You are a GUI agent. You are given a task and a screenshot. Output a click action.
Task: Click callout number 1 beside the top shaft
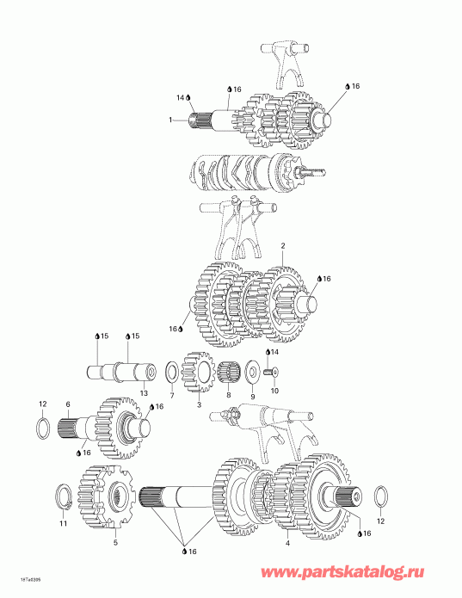pos(171,119)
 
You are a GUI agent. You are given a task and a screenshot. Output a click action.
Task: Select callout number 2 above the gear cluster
pos(283,245)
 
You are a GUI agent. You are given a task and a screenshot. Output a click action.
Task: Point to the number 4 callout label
pos(287,544)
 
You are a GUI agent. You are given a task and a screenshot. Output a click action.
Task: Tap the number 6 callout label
pos(67,404)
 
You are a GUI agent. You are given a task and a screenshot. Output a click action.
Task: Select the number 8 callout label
pos(228,397)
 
